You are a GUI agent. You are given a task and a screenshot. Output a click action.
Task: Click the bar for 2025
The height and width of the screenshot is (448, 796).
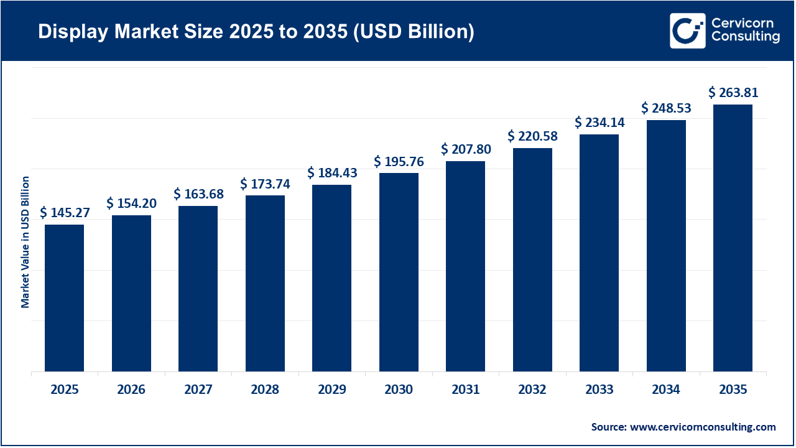(x=64, y=298)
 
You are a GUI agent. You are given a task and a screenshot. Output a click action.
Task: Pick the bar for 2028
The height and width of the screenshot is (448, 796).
(x=265, y=284)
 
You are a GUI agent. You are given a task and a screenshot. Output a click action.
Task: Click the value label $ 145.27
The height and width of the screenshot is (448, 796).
(x=65, y=213)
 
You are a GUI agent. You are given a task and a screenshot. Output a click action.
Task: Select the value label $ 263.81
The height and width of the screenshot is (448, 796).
(x=733, y=93)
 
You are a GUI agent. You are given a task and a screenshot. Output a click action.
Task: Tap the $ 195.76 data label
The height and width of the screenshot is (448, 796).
(x=399, y=161)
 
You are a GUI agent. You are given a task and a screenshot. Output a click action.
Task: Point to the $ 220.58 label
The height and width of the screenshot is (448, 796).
(x=532, y=136)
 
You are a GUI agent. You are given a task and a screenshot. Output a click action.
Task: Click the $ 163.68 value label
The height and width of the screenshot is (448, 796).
(x=198, y=194)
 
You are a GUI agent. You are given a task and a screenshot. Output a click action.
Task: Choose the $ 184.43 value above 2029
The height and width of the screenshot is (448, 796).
(x=332, y=172)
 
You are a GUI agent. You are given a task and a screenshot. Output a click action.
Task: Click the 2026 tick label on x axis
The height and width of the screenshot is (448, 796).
(x=131, y=390)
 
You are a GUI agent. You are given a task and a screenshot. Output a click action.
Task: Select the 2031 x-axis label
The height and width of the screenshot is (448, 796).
(x=465, y=390)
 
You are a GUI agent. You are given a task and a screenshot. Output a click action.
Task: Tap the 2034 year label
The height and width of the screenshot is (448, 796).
(x=666, y=390)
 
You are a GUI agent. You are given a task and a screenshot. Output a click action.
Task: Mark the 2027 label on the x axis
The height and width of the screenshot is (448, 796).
(x=198, y=390)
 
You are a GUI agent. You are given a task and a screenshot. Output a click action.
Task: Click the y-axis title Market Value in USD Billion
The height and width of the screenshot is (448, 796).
(x=25, y=242)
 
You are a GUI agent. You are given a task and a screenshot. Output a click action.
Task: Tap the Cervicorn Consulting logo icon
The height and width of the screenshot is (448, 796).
(x=687, y=30)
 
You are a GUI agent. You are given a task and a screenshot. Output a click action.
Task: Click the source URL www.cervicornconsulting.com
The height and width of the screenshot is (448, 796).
(x=703, y=427)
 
